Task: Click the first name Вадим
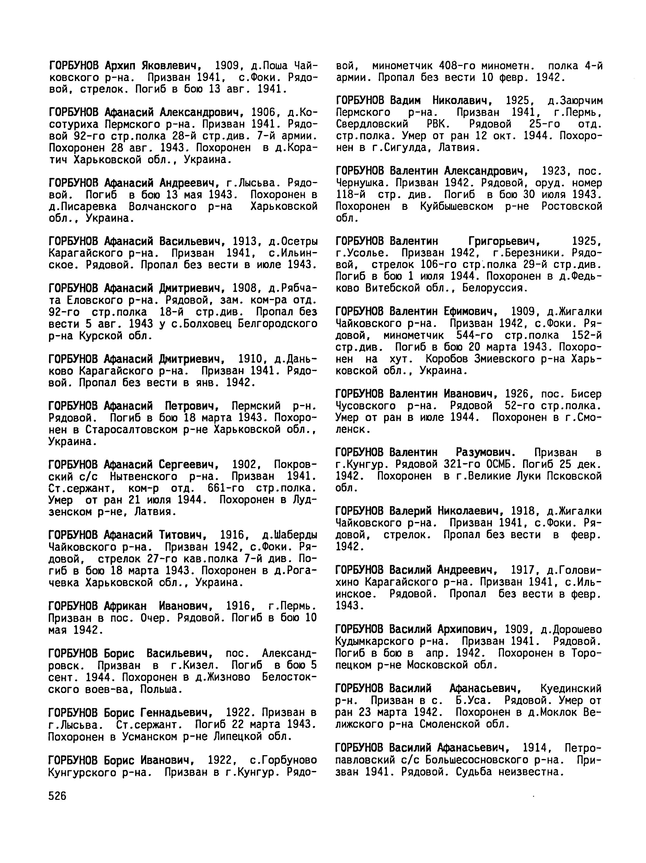point(405,101)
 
